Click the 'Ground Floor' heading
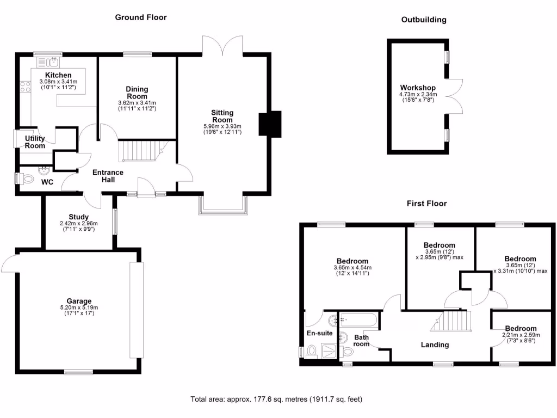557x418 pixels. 140,17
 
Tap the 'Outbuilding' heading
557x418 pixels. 424,20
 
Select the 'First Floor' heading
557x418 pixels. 426,204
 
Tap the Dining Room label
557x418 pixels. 137,93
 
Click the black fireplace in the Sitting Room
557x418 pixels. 269,124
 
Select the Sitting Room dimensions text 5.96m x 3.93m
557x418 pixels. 222,126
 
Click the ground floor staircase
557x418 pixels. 141,151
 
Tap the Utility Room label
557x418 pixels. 35,142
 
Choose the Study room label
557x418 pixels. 79,217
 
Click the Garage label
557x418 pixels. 79,301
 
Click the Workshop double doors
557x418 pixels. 455,96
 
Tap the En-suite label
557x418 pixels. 319,333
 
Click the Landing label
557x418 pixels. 435,345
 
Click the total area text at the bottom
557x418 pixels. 276,399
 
